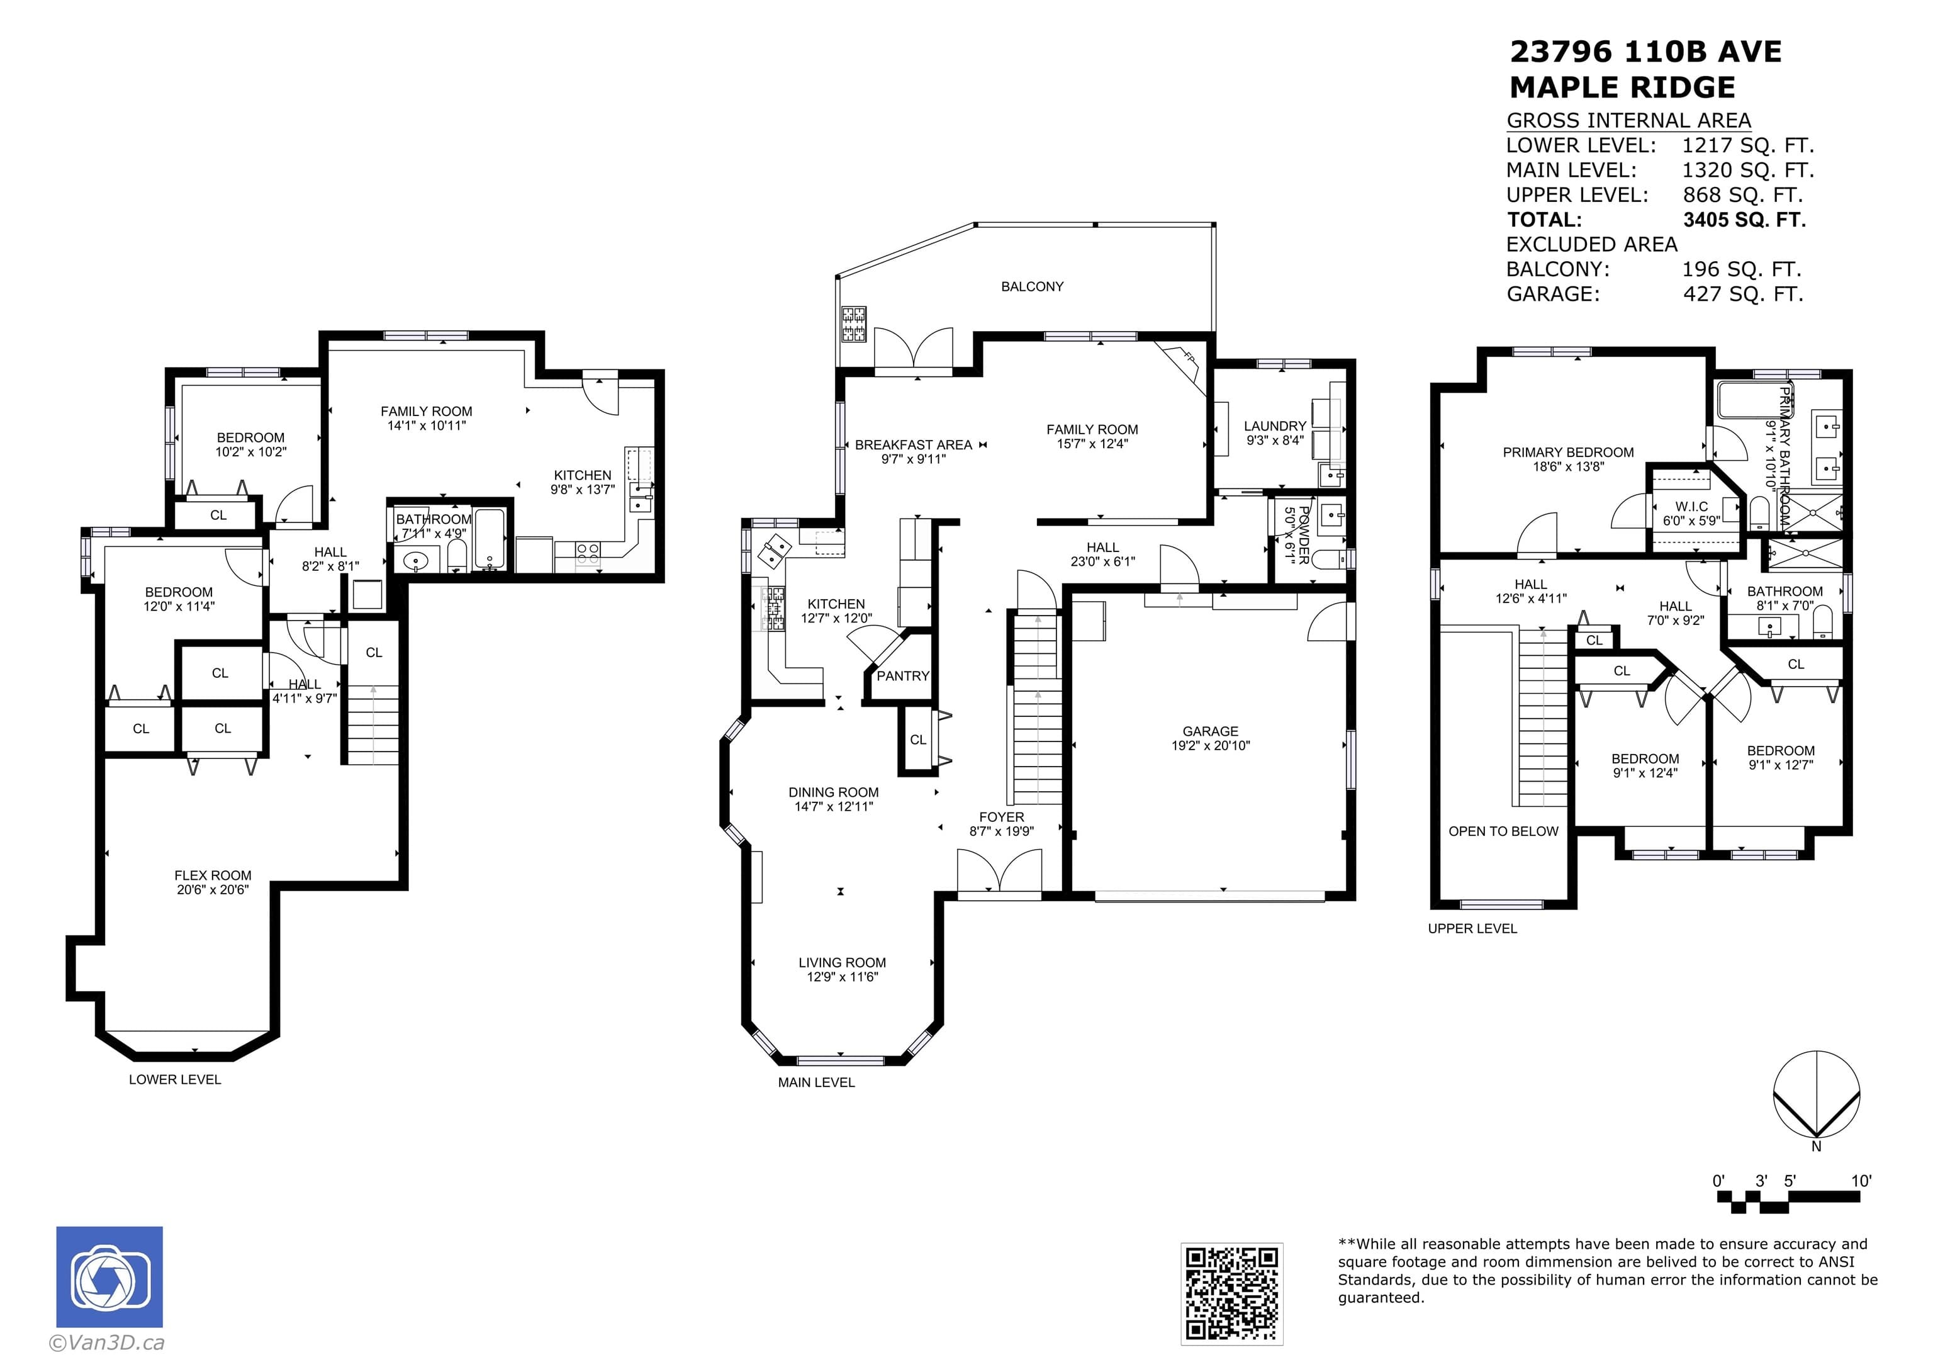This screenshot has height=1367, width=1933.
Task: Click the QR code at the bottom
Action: coord(1231,1293)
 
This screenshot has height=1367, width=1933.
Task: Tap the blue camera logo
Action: coord(109,1277)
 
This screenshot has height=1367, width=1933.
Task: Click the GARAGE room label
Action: coord(1210,731)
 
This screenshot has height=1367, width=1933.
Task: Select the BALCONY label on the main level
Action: coord(1032,286)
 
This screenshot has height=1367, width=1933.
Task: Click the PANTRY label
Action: coord(902,675)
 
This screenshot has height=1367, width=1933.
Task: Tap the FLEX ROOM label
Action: coord(213,875)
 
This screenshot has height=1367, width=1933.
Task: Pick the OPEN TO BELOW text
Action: coord(1504,831)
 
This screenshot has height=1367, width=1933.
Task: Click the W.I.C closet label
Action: coord(1691,506)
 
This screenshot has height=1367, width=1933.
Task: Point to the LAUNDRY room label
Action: coord(1275,426)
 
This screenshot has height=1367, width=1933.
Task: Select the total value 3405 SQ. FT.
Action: coord(1744,220)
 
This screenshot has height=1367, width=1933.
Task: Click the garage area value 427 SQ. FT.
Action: coord(1743,294)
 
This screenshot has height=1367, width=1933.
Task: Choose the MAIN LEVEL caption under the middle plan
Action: coord(816,1083)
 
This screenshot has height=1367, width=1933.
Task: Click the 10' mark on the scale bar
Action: coord(1861,1180)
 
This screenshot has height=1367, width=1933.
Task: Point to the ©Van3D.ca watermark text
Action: coord(107,1342)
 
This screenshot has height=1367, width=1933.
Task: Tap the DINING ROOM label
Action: coord(834,792)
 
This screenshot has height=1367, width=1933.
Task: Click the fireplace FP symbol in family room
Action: coord(1189,356)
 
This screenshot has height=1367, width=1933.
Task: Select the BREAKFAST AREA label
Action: coord(914,445)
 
